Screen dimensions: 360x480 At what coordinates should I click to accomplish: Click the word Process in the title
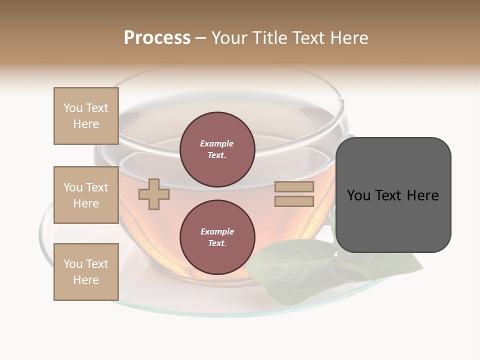[x=157, y=38]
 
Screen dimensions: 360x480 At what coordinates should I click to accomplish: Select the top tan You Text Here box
[x=86, y=116]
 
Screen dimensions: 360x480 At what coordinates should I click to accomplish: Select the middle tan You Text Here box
[x=86, y=195]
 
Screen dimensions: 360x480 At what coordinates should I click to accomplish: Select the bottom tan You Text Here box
[x=86, y=272]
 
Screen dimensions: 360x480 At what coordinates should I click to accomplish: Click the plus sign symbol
[x=154, y=194]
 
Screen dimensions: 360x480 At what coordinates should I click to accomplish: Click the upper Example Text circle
[x=217, y=149]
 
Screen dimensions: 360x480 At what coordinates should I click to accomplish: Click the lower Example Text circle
[x=217, y=237]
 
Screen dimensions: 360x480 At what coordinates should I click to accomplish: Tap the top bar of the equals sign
[x=294, y=187]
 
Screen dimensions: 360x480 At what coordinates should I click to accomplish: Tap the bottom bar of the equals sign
[x=294, y=201]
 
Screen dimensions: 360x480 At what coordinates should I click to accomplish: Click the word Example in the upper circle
[x=217, y=143]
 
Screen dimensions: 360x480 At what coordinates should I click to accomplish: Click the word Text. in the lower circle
[x=217, y=243]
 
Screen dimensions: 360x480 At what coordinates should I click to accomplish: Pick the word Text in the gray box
[x=388, y=195]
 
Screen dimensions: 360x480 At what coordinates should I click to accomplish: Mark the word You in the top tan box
[x=73, y=108]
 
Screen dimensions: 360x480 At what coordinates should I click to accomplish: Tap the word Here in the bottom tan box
[x=86, y=280]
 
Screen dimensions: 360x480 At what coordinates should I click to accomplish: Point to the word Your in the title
[x=229, y=38]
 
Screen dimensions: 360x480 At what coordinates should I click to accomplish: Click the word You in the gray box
[x=359, y=195]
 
